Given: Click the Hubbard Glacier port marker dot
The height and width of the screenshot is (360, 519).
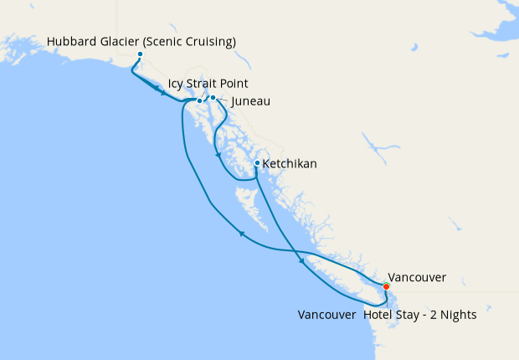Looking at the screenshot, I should (x=140, y=54).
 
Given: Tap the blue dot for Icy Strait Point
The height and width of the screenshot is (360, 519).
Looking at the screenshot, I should (x=199, y=101).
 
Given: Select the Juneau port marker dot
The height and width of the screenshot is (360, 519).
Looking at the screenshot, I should (x=213, y=98).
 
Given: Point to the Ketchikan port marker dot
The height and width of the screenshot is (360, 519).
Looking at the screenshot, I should (x=257, y=163).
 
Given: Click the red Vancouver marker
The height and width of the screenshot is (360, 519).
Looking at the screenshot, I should (x=386, y=286).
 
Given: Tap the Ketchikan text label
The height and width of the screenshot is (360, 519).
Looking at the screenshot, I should (x=290, y=164).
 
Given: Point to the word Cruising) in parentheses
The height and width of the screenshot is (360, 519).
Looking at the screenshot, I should (x=209, y=42).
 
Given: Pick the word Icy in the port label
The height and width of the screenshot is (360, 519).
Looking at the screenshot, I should (x=176, y=85).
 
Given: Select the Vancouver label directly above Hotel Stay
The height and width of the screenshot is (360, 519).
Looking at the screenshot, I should (x=417, y=277).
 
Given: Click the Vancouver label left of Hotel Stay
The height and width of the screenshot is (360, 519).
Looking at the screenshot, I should (x=326, y=316).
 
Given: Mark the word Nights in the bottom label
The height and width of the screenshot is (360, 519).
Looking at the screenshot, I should (x=458, y=316).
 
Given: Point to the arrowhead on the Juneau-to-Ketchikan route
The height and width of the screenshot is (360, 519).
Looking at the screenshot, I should (x=218, y=156).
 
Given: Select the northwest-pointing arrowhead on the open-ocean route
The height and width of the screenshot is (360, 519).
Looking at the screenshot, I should (x=242, y=234).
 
